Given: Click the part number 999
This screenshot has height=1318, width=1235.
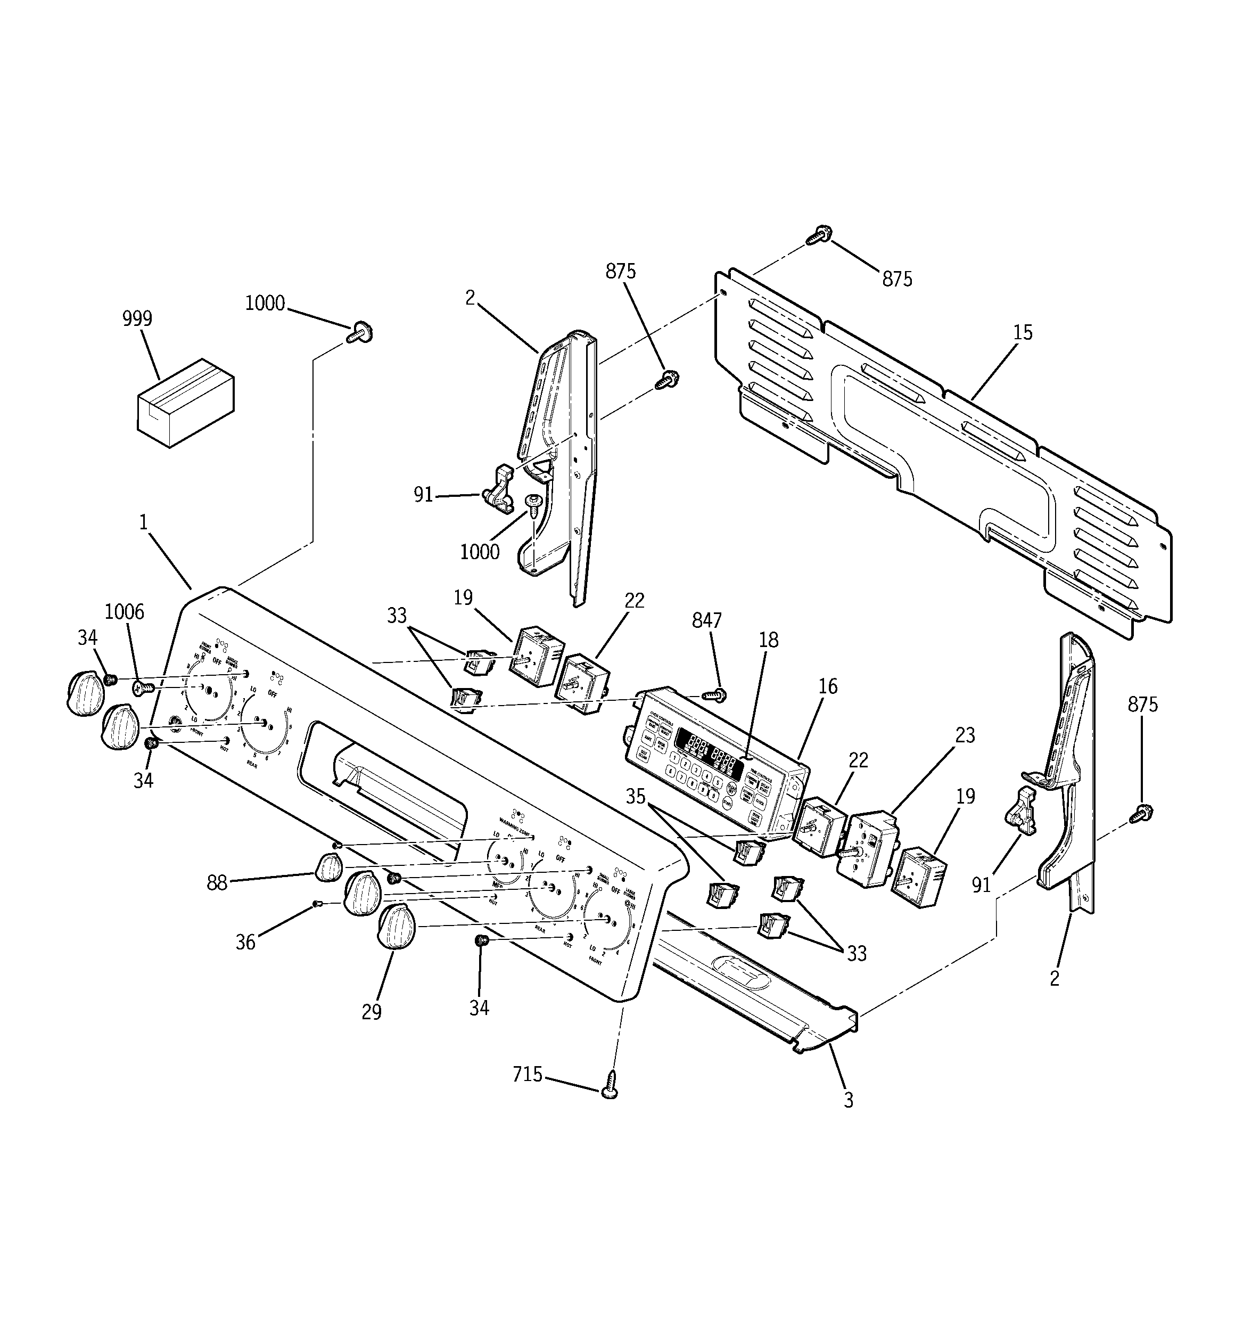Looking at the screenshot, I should pyautogui.click(x=137, y=319).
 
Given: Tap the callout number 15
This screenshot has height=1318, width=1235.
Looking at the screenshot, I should pyautogui.click(x=1022, y=333).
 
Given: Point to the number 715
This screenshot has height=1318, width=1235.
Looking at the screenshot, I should pyautogui.click(x=528, y=1074).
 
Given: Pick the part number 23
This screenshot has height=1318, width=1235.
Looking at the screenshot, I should pyautogui.click(x=965, y=735).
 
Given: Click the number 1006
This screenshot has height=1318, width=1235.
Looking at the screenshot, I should pyautogui.click(x=124, y=611).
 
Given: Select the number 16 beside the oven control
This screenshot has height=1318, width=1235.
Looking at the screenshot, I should pyautogui.click(x=827, y=686).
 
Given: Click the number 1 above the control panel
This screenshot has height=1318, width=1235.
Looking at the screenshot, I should pyautogui.click(x=143, y=522).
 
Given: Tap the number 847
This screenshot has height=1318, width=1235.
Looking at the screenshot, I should pyautogui.click(x=706, y=620).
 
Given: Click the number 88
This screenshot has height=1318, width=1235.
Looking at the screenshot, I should pyautogui.click(x=217, y=883).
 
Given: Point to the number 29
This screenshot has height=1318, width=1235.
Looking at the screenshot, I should pyautogui.click(x=371, y=1012).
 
